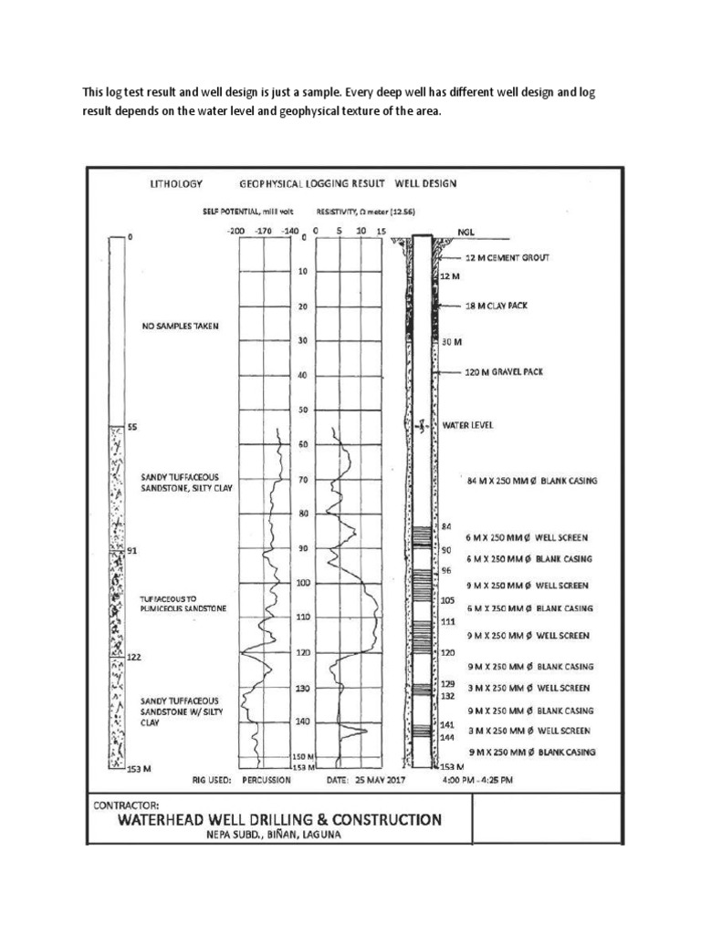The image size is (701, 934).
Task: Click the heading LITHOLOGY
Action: click(174, 183)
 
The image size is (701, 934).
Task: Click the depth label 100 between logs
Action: click(302, 583)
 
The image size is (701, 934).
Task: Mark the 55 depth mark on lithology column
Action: click(132, 427)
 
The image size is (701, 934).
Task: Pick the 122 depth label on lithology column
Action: click(134, 658)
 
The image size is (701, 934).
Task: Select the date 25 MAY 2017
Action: click(362, 781)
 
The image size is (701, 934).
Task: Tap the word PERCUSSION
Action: click(267, 781)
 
